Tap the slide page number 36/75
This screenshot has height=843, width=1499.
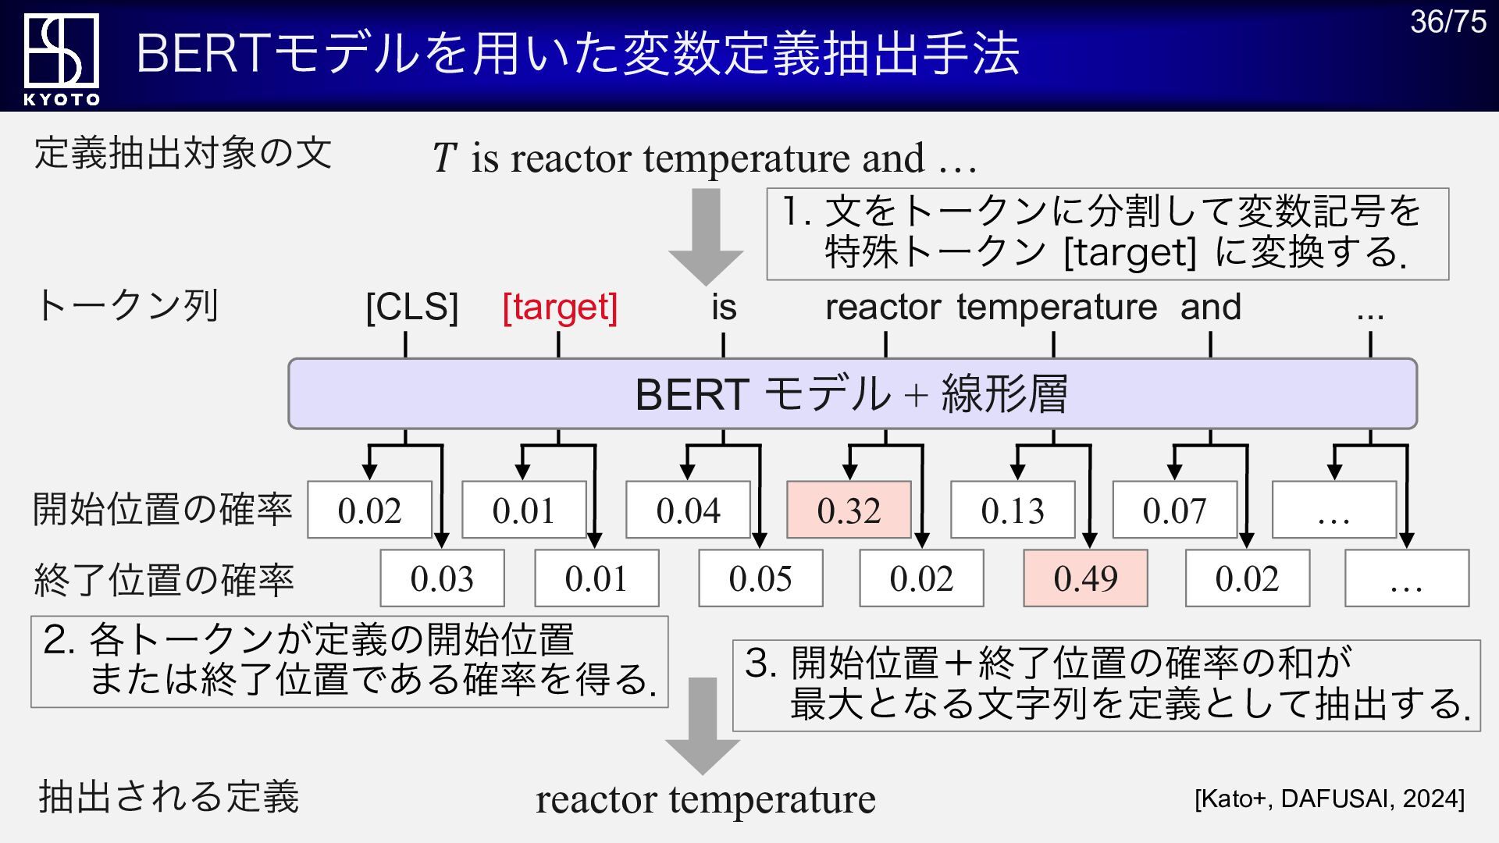pyautogui.click(x=1447, y=22)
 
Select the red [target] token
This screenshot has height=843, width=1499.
pyautogui.click(x=560, y=307)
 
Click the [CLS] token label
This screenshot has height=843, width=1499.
pyautogui.click(x=411, y=307)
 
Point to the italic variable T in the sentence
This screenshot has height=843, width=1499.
pyautogui.click(x=444, y=158)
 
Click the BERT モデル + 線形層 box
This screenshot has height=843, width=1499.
pyautogui.click(x=852, y=394)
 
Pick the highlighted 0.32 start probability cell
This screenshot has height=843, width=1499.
pyautogui.click(x=849, y=510)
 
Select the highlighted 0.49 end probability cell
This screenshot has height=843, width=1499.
pyautogui.click(x=1085, y=578)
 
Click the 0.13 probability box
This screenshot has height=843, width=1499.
pyautogui.click(x=1013, y=510)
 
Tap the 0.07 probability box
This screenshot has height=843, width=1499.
pyautogui.click(x=1174, y=510)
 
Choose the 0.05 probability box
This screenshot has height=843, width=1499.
pyautogui.click(x=760, y=578)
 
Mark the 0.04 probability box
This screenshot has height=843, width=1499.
pyautogui.click(x=688, y=510)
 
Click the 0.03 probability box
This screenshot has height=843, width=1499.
pyautogui.click(x=442, y=578)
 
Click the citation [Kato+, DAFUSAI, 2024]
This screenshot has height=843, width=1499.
pyautogui.click(x=1329, y=799)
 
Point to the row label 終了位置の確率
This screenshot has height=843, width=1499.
pyautogui.click(x=164, y=581)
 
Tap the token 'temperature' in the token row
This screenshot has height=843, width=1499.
pyautogui.click(x=1056, y=307)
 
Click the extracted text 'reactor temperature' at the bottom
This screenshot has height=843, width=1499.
pyautogui.click(x=705, y=799)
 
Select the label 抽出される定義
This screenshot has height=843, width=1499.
pyautogui.click(x=169, y=797)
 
